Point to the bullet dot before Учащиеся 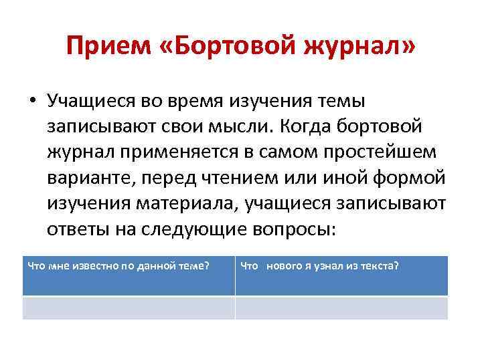(x=32, y=102)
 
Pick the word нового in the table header (x=289, y=266)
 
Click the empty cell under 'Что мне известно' (x=129, y=308)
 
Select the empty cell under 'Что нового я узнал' (x=341, y=308)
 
